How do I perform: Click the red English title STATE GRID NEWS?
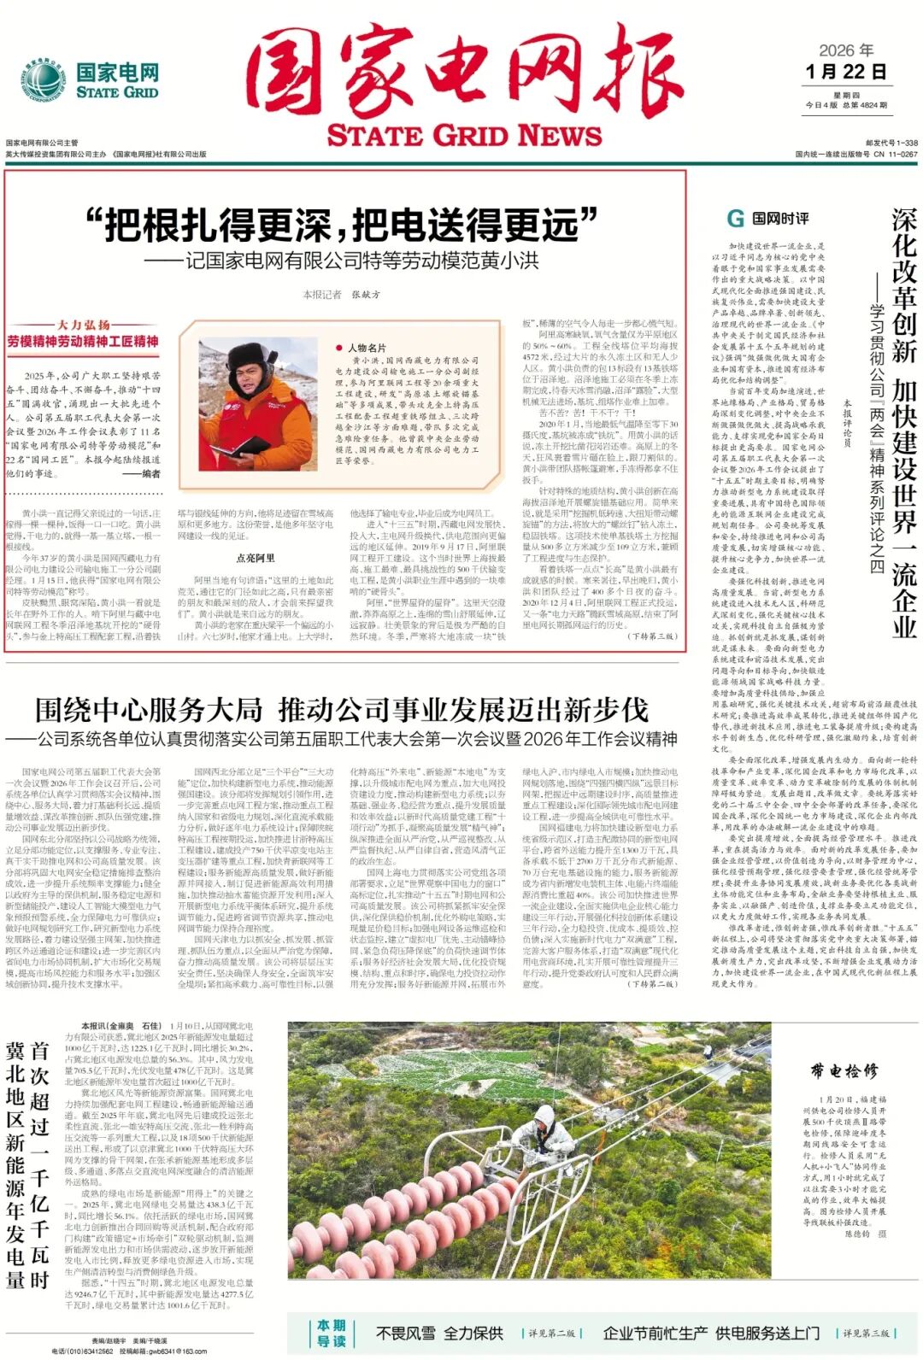pos(464,136)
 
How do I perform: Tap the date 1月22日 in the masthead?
pos(845,72)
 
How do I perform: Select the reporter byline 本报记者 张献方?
pos(342,295)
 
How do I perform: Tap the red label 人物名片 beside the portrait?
pos(367,348)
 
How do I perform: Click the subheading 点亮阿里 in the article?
pos(255,558)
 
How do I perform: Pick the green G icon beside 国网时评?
pos(734,219)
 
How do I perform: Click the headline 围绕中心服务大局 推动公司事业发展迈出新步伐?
pos(342,710)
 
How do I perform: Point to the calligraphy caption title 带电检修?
pos(844,1071)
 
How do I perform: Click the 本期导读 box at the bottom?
pos(331,1333)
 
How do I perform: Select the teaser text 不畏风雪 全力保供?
pos(439,1333)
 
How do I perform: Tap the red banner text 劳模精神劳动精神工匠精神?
pos(83,341)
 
